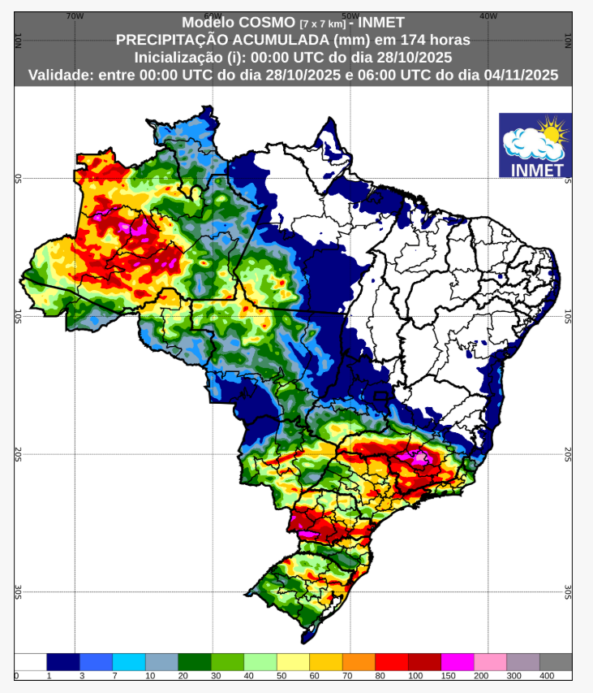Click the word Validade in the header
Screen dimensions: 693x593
pyautogui.click(x=59, y=75)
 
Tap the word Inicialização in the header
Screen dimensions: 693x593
pyautogui.click(x=177, y=58)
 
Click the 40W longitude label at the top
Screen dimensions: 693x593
pyautogui.click(x=488, y=15)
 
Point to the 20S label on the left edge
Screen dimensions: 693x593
pyautogui.click(x=18, y=454)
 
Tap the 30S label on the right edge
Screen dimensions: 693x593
pyautogui.click(x=568, y=592)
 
